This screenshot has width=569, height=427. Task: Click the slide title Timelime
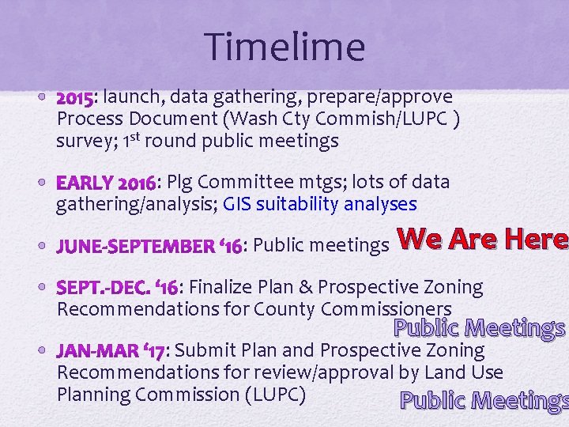click(x=284, y=47)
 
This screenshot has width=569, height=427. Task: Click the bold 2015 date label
click(x=74, y=97)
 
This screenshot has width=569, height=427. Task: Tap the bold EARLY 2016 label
click(x=106, y=183)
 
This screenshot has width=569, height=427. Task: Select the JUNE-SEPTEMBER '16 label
click(x=149, y=246)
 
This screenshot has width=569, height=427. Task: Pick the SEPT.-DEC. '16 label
click(x=118, y=287)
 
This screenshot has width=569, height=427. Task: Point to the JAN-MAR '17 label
click(x=111, y=350)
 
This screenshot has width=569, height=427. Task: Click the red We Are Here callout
click(x=481, y=240)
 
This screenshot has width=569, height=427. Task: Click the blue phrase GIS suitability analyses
click(x=320, y=204)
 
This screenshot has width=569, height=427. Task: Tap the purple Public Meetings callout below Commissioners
click(x=479, y=327)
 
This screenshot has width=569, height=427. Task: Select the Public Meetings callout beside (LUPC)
click(x=484, y=401)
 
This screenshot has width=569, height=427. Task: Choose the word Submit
click(x=205, y=350)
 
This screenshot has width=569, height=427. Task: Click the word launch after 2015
click(x=128, y=97)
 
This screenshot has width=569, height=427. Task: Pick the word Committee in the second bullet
click(x=252, y=183)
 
